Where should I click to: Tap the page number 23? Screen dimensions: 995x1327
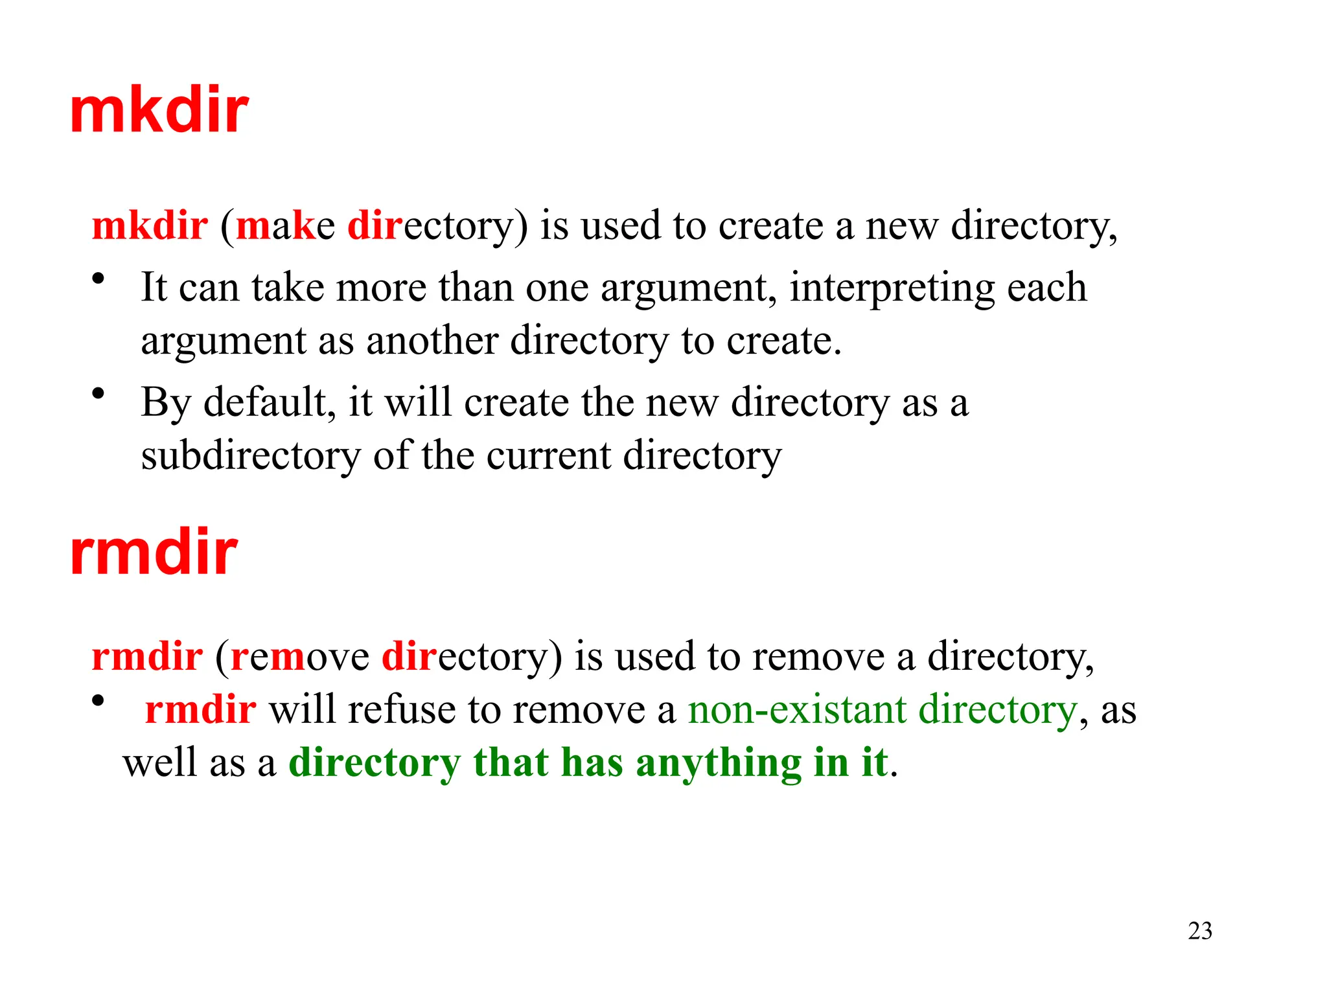tap(1199, 931)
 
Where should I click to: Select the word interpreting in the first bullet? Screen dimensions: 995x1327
tap(892, 288)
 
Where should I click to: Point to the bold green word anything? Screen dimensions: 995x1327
tap(719, 764)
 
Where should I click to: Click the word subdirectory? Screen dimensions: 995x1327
tap(251, 455)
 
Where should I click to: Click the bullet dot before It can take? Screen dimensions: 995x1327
tap(98, 279)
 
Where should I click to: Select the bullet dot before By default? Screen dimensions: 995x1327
tap(98, 393)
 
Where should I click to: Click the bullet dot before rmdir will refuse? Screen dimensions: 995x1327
tap(98, 700)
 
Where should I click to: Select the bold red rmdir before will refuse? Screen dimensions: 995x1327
tap(200, 709)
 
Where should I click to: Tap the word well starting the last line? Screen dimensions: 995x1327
tap(160, 762)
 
